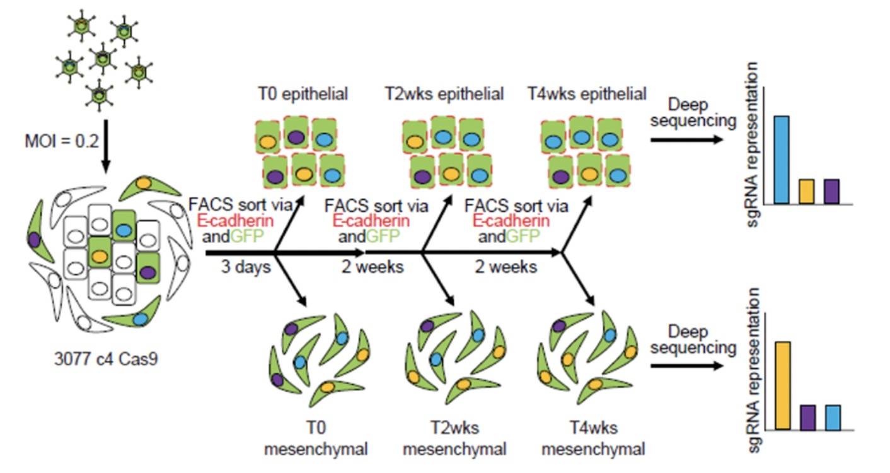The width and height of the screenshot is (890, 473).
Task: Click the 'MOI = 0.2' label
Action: (62, 141)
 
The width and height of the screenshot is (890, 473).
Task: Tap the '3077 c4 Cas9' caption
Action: (106, 359)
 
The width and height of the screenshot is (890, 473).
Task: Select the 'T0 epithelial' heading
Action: (303, 94)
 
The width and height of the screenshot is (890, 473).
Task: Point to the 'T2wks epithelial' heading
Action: (444, 94)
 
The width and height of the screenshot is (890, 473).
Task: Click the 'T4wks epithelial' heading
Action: (587, 94)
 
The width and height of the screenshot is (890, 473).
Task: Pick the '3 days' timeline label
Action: (246, 267)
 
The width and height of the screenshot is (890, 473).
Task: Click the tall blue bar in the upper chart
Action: (781, 160)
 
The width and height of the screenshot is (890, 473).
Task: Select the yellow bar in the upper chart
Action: (807, 192)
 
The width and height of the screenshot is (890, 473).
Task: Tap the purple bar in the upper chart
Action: (831, 192)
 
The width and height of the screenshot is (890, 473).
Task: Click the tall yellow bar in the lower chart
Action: (783, 385)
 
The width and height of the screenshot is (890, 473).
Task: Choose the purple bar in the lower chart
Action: (808, 418)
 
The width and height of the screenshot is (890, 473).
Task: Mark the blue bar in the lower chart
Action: (833, 418)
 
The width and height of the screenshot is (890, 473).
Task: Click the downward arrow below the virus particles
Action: (106, 147)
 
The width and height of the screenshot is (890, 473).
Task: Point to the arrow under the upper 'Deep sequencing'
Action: (686, 139)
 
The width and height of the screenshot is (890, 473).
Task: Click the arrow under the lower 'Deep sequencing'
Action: (686, 366)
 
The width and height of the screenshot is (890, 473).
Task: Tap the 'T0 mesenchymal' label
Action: (316, 438)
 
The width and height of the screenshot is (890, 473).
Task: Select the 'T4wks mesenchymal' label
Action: (593, 438)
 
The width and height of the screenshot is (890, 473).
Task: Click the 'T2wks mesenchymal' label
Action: (454, 438)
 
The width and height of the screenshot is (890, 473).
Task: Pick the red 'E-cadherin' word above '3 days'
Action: (235, 221)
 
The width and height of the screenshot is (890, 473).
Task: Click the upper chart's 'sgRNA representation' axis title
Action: (752, 144)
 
